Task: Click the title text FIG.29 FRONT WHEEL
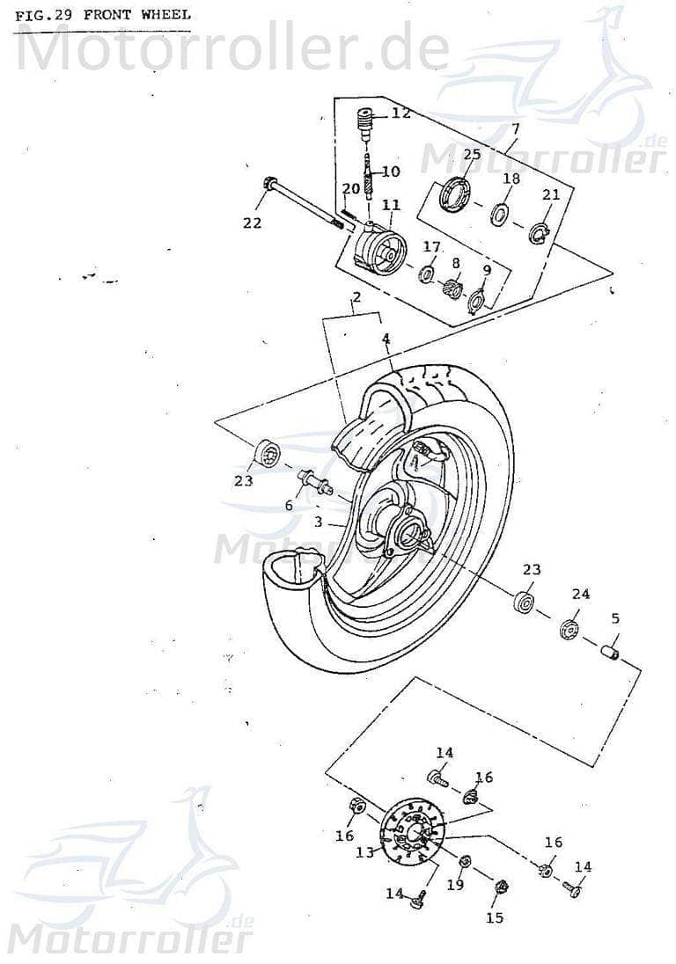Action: coord(102,15)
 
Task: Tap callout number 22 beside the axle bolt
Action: coord(253,223)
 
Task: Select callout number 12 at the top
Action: coord(401,113)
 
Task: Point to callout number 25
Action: coord(472,155)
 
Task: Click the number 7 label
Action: coord(515,128)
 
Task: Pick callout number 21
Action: coord(551,194)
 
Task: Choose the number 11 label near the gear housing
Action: coord(391,205)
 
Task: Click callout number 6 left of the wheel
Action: coord(288,505)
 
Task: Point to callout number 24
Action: coord(580,594)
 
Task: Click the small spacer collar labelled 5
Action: coord(607,653)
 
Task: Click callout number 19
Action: coord(455,885)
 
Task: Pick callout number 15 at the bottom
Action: coord(495,917)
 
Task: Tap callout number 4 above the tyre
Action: coord(386,338)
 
